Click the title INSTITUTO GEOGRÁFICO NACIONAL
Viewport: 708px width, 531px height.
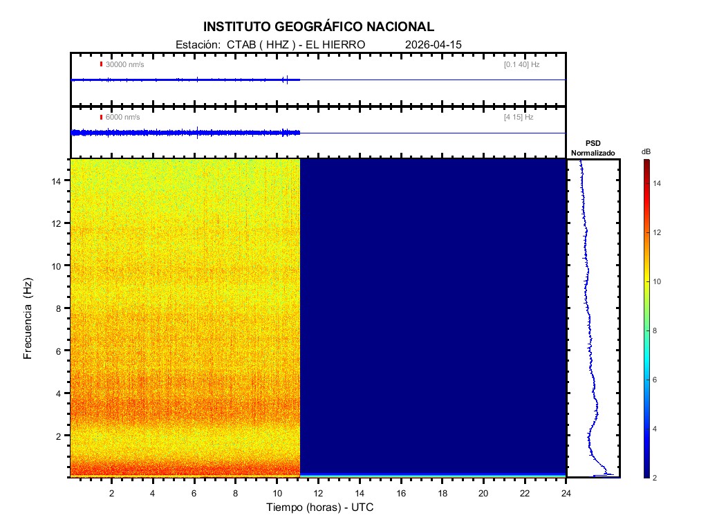click(319, 27)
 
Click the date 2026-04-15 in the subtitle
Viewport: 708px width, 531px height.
click(434, 44)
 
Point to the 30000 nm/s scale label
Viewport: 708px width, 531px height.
click(124, 64)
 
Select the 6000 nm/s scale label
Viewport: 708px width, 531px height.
click(122, 117)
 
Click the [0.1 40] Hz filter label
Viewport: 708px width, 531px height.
click(521, 64)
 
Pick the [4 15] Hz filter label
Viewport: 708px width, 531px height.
click(519, 117)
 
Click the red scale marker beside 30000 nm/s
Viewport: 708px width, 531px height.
click(101, 64)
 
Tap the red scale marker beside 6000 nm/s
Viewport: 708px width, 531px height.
click(101, 117)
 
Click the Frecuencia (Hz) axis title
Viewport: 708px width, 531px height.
click(28, 318)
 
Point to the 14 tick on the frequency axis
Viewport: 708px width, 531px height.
click(59, 180)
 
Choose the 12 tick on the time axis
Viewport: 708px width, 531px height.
click(318, 492)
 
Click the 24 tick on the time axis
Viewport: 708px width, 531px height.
click(566, 492)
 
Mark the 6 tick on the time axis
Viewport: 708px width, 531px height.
click(194, 492)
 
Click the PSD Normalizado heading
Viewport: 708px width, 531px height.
click(593, 148)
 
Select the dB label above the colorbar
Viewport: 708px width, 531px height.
click(646, 151)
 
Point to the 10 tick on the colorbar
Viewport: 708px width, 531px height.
click(658, 282)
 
